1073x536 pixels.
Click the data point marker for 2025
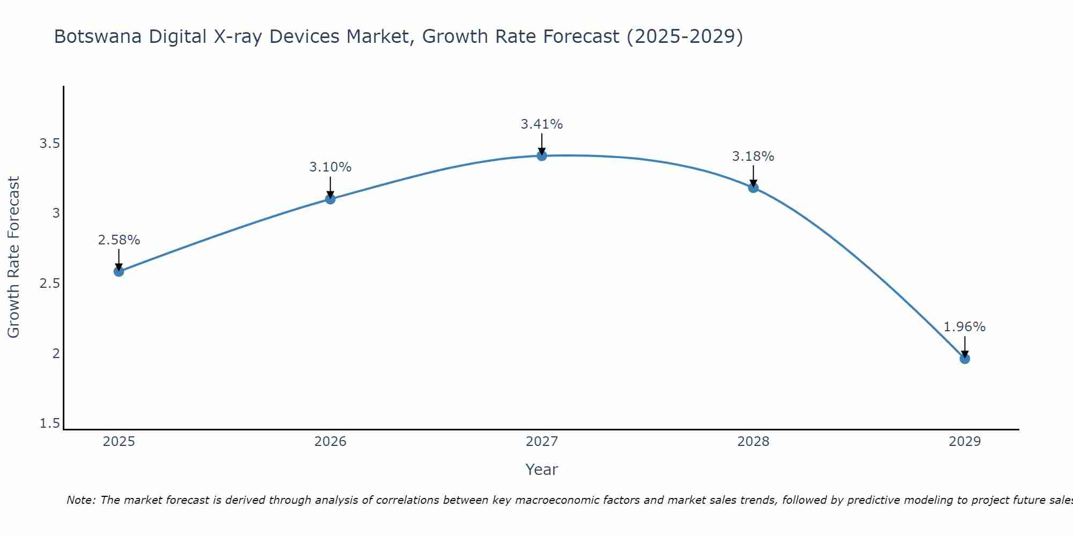click(119, 271)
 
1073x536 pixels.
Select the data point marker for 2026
click(330, 199)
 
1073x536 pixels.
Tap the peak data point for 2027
click(542, 155)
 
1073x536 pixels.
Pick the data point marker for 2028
click(753, 188)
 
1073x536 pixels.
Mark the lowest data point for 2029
click(965, 359)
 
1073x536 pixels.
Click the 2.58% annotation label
click(119, 240)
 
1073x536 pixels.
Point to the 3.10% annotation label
click(330, 167)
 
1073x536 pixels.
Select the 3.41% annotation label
click(542, 124)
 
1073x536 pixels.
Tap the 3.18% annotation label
click(753, 157)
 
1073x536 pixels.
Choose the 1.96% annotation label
click(965, 327)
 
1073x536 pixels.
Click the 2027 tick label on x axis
click(542, 442)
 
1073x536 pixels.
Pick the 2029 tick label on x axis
click(965, 442)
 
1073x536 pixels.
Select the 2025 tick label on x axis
click(119, 442)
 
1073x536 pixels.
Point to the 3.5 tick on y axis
click(49, 144)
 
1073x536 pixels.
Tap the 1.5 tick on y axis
click(49, 423)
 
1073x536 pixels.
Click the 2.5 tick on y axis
click(49, 284)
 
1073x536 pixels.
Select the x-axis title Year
click(542, 470)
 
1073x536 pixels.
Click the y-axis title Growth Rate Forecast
click(13, 257)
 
